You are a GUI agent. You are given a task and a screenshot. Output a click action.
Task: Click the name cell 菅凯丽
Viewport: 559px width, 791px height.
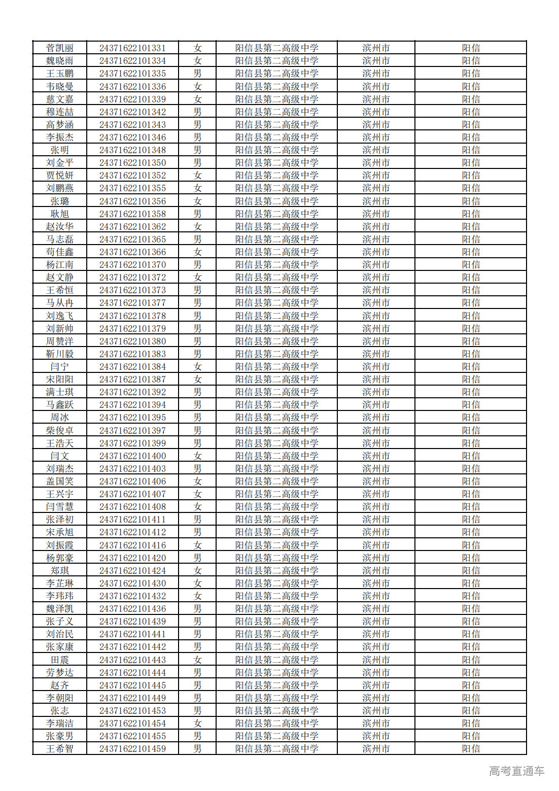click(x=60, y=48)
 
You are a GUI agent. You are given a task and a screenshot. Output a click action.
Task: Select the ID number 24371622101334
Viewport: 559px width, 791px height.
click(x=132, y=61)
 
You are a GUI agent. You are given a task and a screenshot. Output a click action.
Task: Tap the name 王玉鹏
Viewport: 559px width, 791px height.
click(x=60, y=74)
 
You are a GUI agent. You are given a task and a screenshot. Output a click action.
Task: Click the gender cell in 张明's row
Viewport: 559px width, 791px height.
click(x=197, y=150)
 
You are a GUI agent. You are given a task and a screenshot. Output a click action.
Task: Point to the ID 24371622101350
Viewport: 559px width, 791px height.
click(x=132, y=163)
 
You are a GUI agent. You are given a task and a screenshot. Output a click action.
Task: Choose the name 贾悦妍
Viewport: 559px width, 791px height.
click(x=60, y=176)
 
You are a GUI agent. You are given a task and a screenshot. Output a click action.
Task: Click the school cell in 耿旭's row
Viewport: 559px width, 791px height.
click(x=276, y=214)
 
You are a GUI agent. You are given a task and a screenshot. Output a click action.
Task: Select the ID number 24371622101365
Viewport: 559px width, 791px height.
click(x=132, y=239)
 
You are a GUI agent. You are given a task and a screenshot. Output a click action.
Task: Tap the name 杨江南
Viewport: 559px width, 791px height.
click(x=60, y=265)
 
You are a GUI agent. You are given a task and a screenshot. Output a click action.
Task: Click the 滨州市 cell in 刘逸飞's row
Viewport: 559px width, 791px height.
click(x=376, y=316)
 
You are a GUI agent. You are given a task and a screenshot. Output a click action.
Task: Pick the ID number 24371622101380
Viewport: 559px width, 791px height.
click(x=132, y=341)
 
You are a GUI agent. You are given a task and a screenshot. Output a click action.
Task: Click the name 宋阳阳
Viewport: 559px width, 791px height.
click(x=60, y=380)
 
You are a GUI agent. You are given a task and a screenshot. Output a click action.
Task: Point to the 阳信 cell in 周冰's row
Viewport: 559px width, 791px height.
click(x=471, y=418)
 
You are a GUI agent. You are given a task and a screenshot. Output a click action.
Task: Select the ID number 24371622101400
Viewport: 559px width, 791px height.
click(x=132, y=456)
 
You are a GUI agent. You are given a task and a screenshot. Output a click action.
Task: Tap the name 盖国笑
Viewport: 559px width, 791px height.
click(x=60, y=482)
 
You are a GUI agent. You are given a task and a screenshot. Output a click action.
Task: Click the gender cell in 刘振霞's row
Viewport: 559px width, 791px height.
click(x=197, y=545)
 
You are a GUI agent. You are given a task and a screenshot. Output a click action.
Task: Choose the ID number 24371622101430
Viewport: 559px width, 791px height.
click(x=132, y=583)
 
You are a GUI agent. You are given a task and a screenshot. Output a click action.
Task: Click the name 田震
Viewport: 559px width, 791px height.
click(x=60, y=660)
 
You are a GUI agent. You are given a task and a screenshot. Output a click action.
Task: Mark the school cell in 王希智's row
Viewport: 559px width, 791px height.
click(x=276, y=749)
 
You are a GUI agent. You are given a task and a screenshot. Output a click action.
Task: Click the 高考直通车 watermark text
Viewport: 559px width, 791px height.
click(x=516, y=771)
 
